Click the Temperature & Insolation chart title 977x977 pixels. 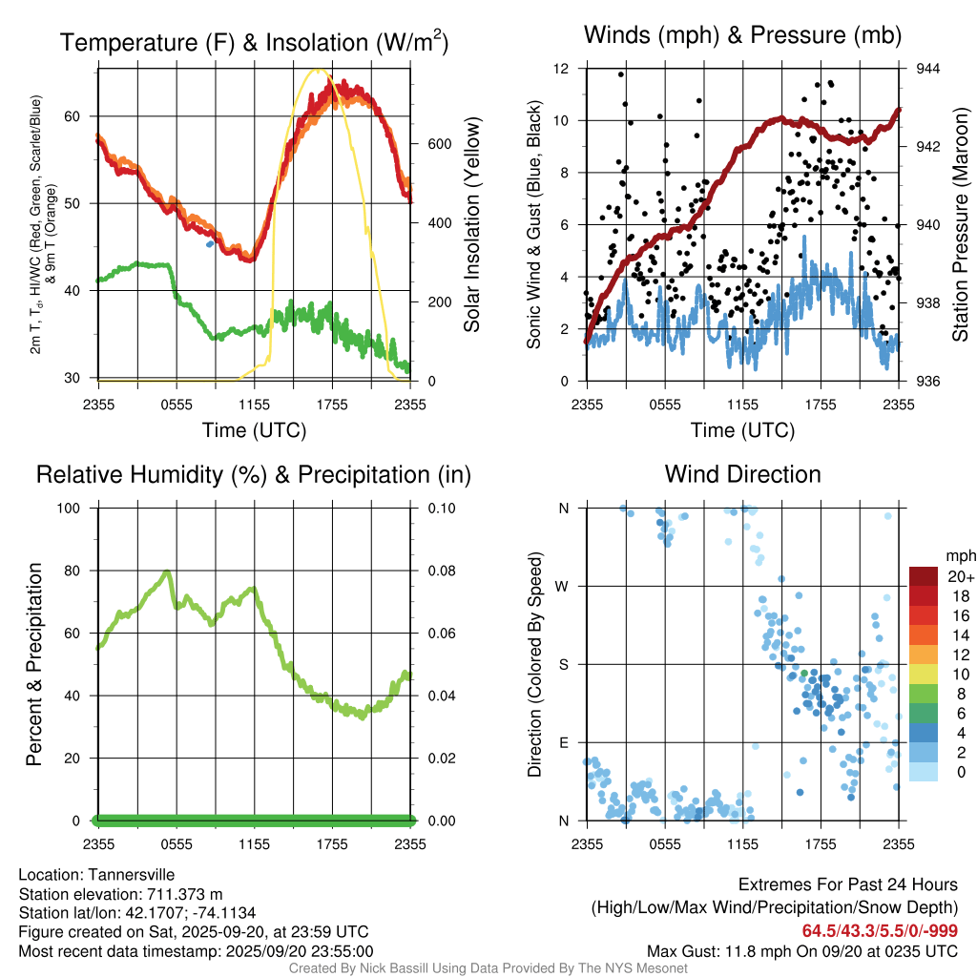point(254,43)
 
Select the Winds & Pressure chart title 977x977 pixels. point(742,36)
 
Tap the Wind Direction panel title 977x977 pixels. point(742,474)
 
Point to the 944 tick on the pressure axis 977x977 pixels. point(927,69)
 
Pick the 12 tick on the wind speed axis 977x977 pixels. point(564,69)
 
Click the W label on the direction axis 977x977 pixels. point(564,586)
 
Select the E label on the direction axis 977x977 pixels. point(564,742)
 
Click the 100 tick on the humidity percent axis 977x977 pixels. point(72,508)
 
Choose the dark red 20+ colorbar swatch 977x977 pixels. point(925,576)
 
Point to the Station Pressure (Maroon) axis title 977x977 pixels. point(960,224)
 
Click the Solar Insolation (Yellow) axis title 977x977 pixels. point(471,224)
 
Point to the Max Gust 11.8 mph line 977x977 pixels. point(801,951)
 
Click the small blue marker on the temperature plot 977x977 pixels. point(210,244)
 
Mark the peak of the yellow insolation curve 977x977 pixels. point(318,70)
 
